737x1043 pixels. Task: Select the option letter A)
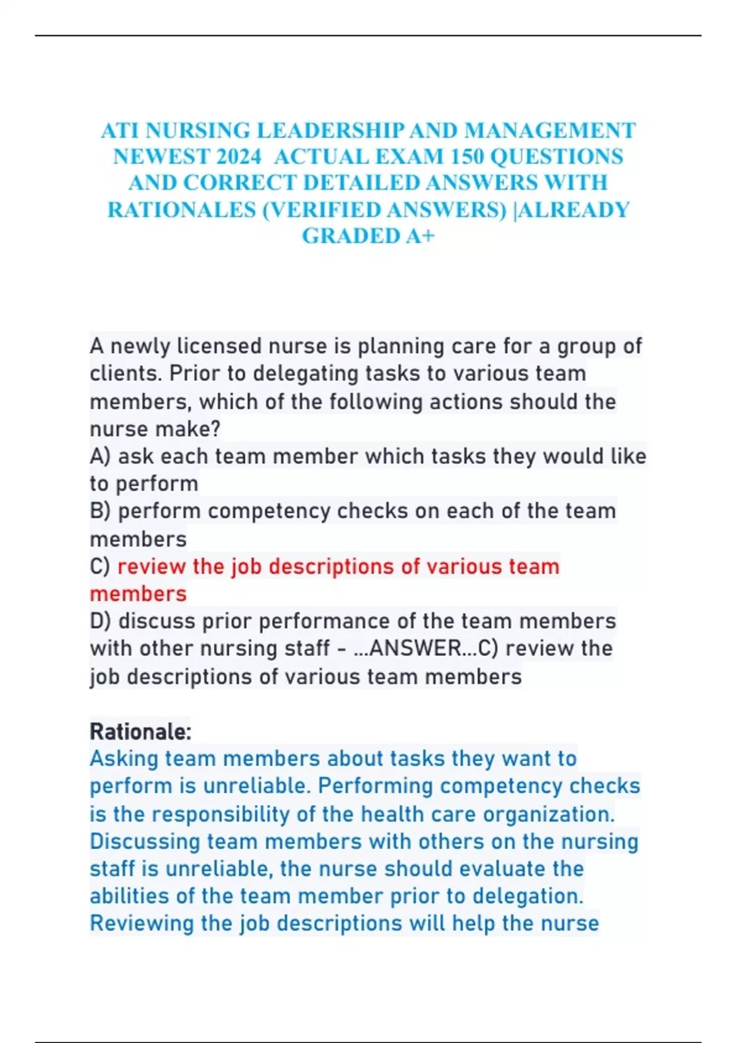click(x=101, y=456)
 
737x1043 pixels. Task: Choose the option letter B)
click(x=101, y=511)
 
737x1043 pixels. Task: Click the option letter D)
click(x=101, y=621)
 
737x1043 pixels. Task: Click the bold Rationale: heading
click(x=141, y=731)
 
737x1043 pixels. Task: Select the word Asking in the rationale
click(x=124, y=759)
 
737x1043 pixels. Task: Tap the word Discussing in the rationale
click(x=145, y=841)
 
